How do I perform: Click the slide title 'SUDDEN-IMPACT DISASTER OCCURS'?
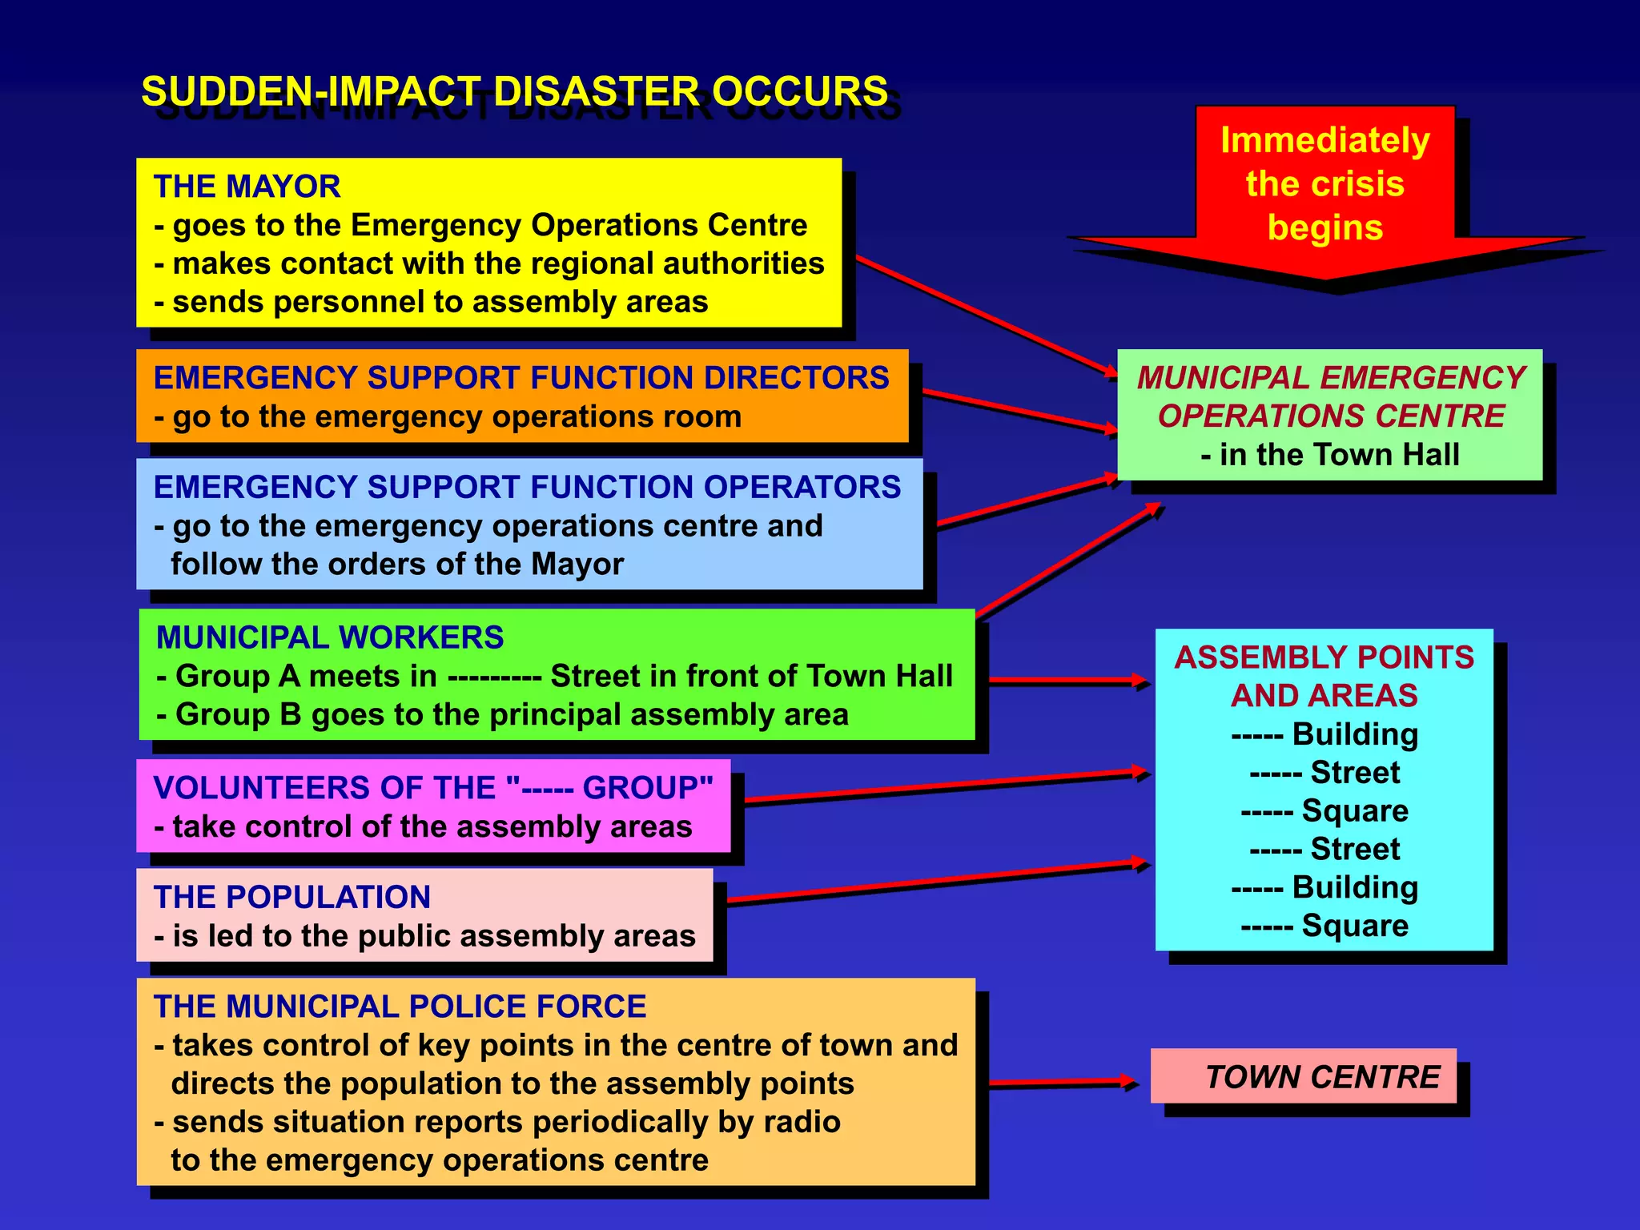click(514, 91)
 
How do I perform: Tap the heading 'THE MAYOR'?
click(247, 187)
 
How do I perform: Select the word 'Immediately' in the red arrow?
click(1325, 140)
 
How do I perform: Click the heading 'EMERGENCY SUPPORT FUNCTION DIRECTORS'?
click(521, 378)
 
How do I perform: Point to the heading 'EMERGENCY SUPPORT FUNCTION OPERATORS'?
click(527, 488)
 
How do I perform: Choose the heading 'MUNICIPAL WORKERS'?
click(330, 637)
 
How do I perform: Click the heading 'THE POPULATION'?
click(291, 897)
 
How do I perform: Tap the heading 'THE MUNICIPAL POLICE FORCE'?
click(400, 1007)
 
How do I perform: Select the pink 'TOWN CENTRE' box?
click(1303, 1076)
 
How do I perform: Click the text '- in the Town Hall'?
click(1330, 455)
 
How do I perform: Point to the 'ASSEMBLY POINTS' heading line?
click(1324, 657)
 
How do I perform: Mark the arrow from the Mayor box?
click(985, 316)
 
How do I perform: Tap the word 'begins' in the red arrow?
click(1325, 227)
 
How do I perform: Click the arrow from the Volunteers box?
click(945, 786)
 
